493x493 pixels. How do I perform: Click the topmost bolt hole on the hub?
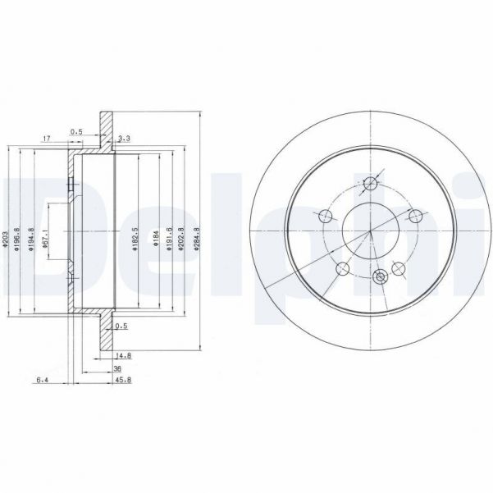coord(372,184)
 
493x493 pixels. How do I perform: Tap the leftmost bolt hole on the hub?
coord(326,217)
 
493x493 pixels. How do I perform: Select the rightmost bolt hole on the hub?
coord(415,217)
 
